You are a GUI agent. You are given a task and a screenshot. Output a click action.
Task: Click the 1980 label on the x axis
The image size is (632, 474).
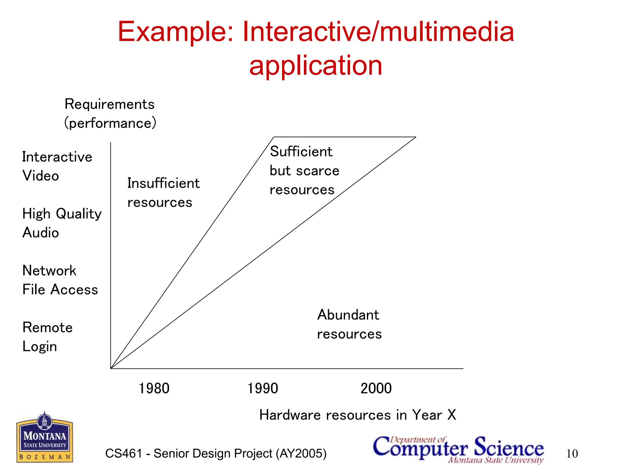point(154,388)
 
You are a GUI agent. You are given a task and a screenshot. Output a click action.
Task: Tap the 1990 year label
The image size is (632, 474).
point(263,388)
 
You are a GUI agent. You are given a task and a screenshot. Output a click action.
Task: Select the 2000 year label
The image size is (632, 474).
point(376,388)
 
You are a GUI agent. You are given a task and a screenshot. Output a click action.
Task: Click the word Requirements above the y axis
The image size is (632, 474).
point(109,104)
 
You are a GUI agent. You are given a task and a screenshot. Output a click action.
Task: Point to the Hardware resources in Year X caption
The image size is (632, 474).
point(357,415)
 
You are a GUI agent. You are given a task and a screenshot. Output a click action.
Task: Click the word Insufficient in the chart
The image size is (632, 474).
point(163,183)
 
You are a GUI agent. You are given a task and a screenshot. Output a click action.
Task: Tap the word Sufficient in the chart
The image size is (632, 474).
point(301,152)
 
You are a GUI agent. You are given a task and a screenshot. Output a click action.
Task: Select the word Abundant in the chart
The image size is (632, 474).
point(348,315)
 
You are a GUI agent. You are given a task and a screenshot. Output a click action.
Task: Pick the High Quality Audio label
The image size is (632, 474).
point(62,223)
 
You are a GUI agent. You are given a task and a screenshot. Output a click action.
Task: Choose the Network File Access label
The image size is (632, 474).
point(60,280)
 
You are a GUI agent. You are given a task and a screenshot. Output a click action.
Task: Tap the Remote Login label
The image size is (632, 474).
point(47,337)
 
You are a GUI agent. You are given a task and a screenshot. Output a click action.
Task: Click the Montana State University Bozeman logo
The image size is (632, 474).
point(45,438)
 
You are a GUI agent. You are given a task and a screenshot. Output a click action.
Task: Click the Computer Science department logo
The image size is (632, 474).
point(458,449)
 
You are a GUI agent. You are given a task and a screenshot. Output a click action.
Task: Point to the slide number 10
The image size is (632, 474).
point(572,454)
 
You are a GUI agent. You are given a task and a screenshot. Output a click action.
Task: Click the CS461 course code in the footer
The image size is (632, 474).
point(123,454)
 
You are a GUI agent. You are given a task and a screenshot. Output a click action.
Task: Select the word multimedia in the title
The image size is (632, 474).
point(447,32)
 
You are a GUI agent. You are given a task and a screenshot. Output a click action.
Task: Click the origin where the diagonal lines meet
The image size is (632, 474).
point(111,368)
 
